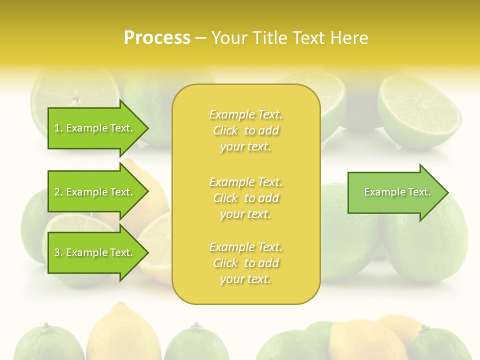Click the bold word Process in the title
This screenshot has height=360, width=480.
click(x=157, y=38)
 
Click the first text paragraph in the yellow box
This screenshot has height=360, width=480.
click(x=245, y=130)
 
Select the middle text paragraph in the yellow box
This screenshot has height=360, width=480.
click(x=245, y=198)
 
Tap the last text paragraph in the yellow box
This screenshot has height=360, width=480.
click(x=245, y=263)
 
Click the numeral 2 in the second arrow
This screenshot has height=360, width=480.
click(x=57, y=192)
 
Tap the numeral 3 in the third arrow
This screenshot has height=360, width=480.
click(x=57, y=252)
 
